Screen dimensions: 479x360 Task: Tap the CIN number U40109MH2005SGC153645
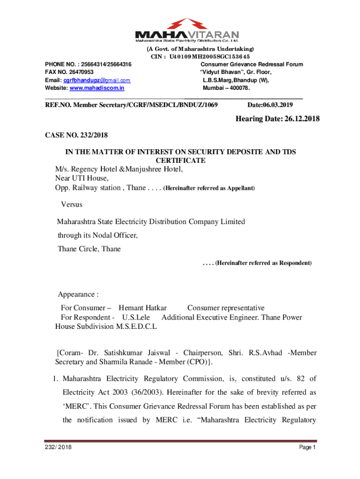pos(213,57)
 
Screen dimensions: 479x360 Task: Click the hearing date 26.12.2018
pos(294,119)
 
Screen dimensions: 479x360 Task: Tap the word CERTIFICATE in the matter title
pos(182,160)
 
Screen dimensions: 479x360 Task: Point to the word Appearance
pos(78,295)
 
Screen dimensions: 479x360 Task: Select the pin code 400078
pos(239,88)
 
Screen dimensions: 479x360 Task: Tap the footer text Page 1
pos(308,448)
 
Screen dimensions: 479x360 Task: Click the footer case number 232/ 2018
pos(58,448)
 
